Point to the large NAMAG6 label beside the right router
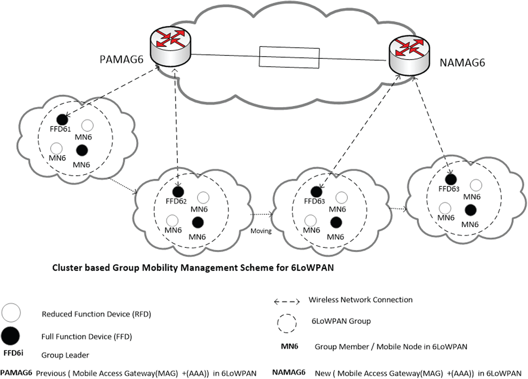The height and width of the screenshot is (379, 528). point(462,63)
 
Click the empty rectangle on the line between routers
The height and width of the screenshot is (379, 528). point(289,57)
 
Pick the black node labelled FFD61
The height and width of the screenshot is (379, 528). point(62,120)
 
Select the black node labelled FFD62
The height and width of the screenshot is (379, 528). point(178,191)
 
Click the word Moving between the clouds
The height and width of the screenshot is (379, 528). point(261,231)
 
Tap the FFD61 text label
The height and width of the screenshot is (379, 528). point(60,129)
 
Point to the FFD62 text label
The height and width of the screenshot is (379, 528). point(176,201)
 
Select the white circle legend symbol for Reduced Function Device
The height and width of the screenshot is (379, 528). point(11,313)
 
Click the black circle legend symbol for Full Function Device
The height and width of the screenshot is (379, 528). point(10,336)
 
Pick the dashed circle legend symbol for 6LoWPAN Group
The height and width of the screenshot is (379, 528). point(287,323)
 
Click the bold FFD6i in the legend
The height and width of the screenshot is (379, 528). point(13,353)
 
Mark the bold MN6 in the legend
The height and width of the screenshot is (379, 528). point(289,346)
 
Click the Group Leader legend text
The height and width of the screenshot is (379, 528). point(65,355)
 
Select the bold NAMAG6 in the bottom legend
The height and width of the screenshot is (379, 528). point(289,372)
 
